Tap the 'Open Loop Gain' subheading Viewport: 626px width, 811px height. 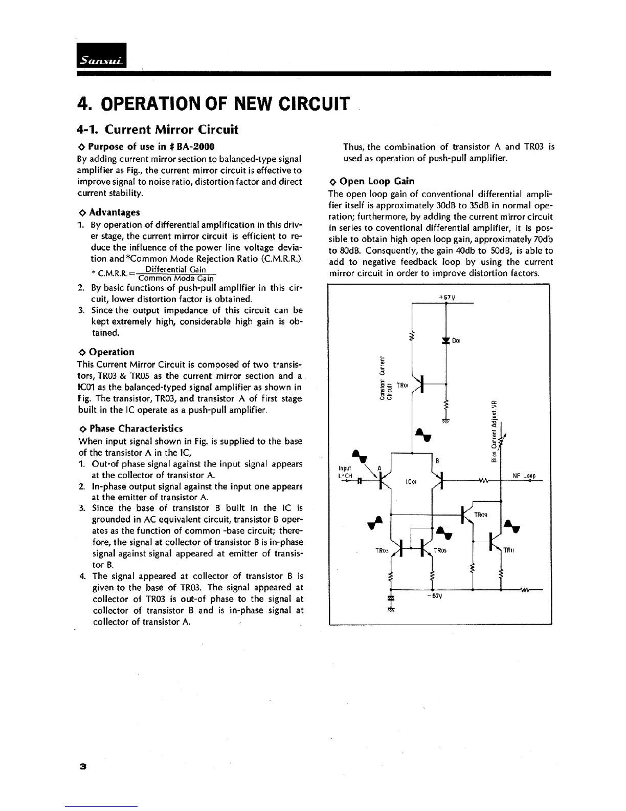coord(376,181)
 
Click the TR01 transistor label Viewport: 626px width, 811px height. coord(403,385)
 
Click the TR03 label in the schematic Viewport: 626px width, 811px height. coord(382,551)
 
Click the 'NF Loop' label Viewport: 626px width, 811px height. coord(524,476)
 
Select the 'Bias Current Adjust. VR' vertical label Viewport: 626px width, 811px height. coord(494,431)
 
